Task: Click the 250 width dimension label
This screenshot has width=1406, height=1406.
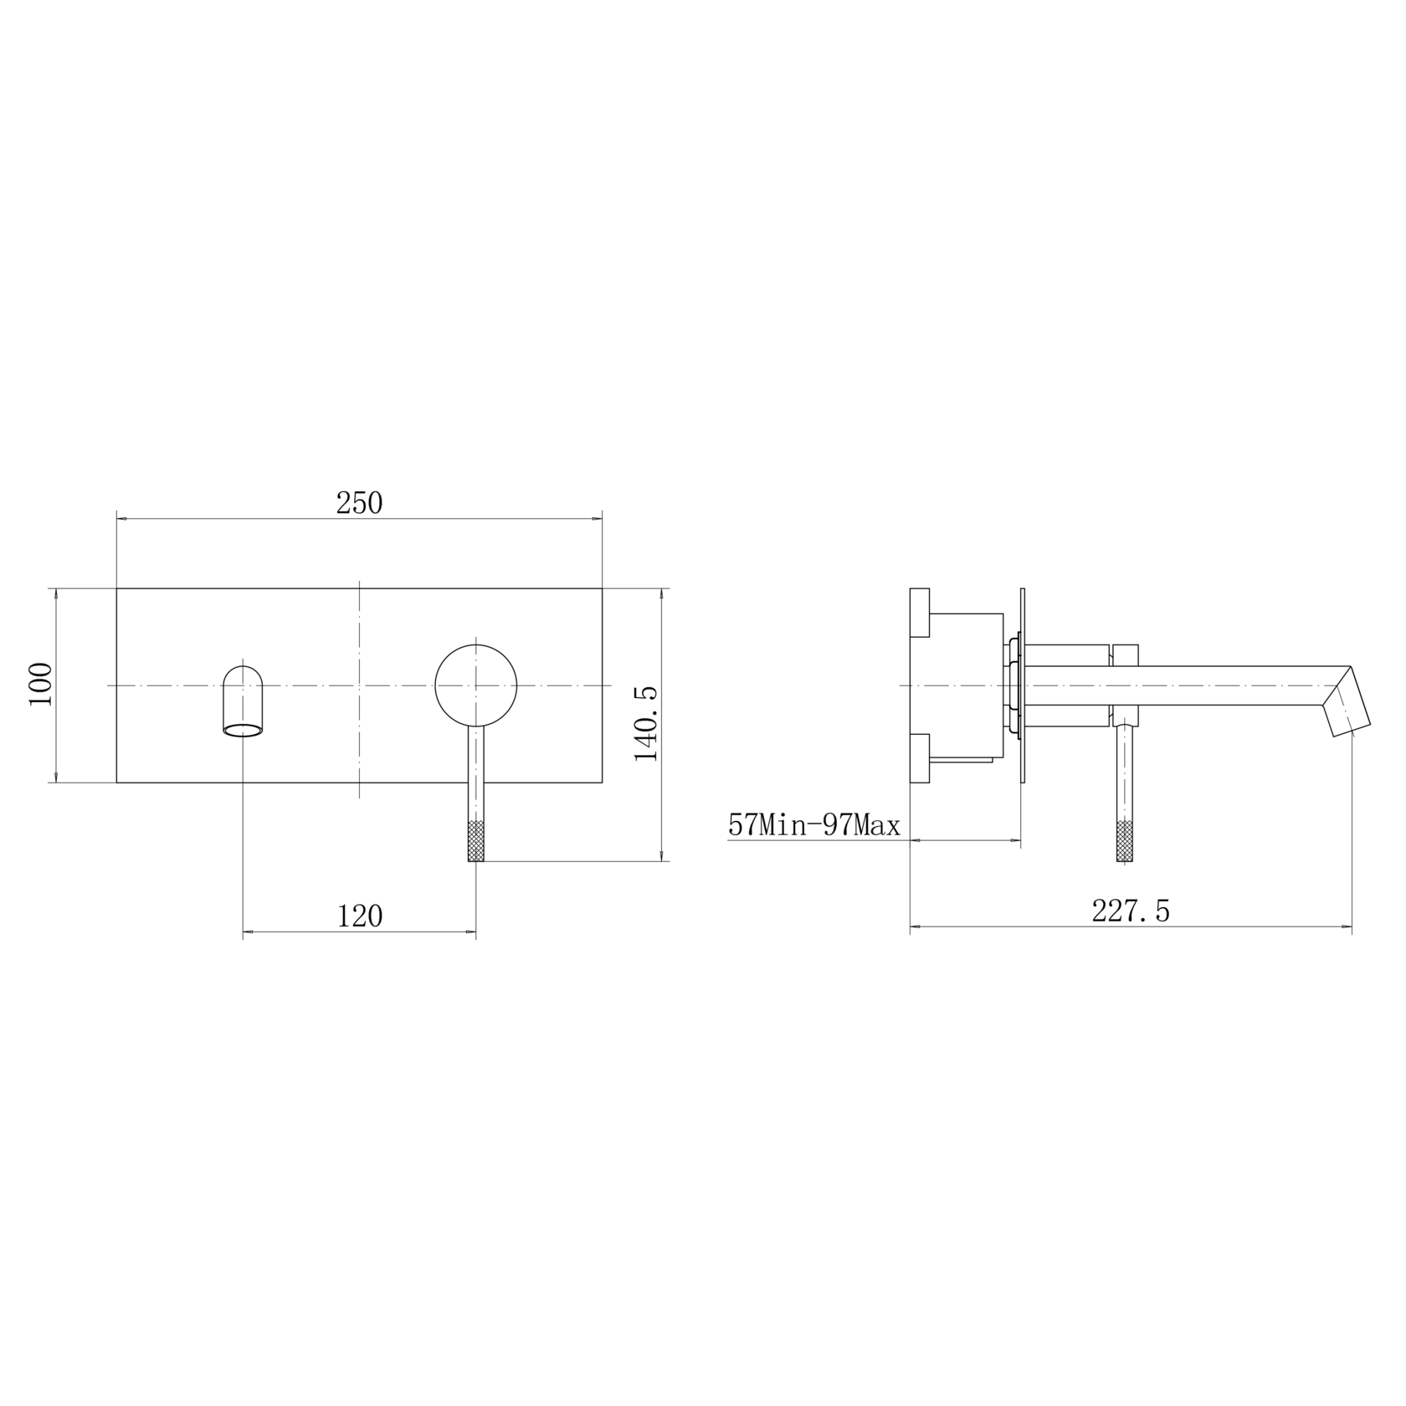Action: point(359,503)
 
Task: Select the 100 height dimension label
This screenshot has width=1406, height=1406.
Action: point(40,685)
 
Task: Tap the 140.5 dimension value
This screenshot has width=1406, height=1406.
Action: point(646,723)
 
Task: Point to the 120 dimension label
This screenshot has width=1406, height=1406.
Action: point(360,916)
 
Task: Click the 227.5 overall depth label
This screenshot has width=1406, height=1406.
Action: point(1131,911)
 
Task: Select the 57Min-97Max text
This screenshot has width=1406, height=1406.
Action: point(814,826)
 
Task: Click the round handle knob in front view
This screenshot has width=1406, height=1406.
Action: point(476,685)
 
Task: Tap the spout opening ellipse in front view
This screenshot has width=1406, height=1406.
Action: point(244,729)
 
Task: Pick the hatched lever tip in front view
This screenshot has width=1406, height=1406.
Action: point(476,841)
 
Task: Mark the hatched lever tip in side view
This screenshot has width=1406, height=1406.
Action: point(1126,841)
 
